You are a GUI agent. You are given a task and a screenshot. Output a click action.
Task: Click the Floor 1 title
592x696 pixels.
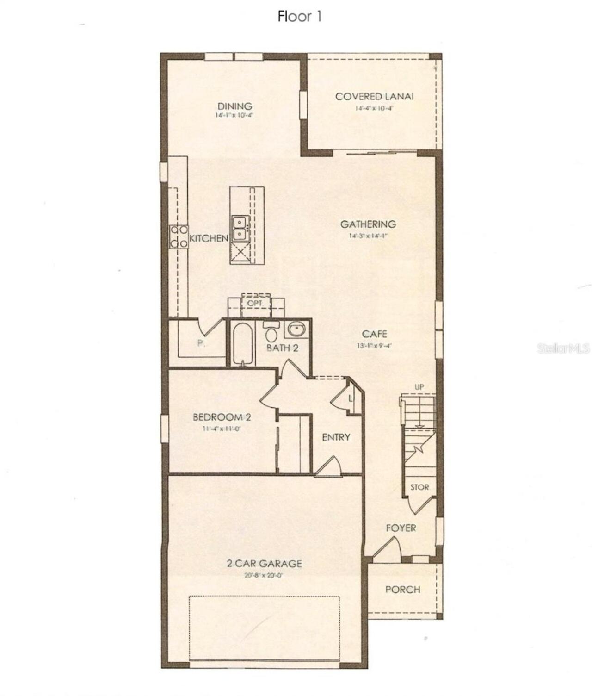(299, 17)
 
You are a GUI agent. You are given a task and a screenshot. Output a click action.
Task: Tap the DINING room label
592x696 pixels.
(235, 106)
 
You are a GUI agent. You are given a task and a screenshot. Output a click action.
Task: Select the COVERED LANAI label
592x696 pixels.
(374, 97)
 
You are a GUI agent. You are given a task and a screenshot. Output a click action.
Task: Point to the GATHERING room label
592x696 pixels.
(368, 224)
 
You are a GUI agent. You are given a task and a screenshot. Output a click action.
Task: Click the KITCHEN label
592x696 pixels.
(209, 238)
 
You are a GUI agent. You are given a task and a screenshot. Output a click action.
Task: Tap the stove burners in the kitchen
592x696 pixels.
(179, 236)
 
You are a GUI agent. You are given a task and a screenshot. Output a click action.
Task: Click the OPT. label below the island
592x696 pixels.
(255, 303)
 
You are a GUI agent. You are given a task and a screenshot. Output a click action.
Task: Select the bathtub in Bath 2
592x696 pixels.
(242, 344)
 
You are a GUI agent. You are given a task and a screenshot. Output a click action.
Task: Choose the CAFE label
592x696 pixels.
(375, 334)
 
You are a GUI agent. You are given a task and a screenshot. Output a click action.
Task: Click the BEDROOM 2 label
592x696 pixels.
(222, 417)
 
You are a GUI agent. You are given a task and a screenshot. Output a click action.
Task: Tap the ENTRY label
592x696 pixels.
(336, 437)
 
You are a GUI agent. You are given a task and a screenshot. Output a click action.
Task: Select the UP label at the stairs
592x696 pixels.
(419, 387)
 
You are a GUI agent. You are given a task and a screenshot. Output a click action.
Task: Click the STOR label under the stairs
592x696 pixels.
(419, 487)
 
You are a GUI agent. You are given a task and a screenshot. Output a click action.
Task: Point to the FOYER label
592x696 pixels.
(401, 528)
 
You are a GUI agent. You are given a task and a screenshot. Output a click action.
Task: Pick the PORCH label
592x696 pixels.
(403, 590)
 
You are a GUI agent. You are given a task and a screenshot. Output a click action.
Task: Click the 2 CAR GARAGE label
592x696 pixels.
(264, 564)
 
